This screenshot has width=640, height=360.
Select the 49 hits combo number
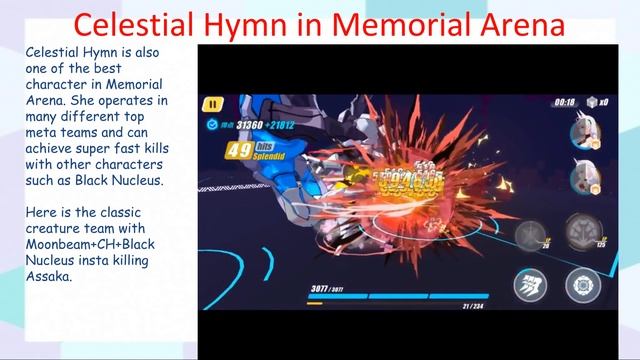239,151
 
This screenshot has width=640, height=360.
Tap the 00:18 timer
565,102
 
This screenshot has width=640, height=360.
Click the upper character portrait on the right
583,135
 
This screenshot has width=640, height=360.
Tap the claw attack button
530,285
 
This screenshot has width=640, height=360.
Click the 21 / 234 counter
472,306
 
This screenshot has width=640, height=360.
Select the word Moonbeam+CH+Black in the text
89,244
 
